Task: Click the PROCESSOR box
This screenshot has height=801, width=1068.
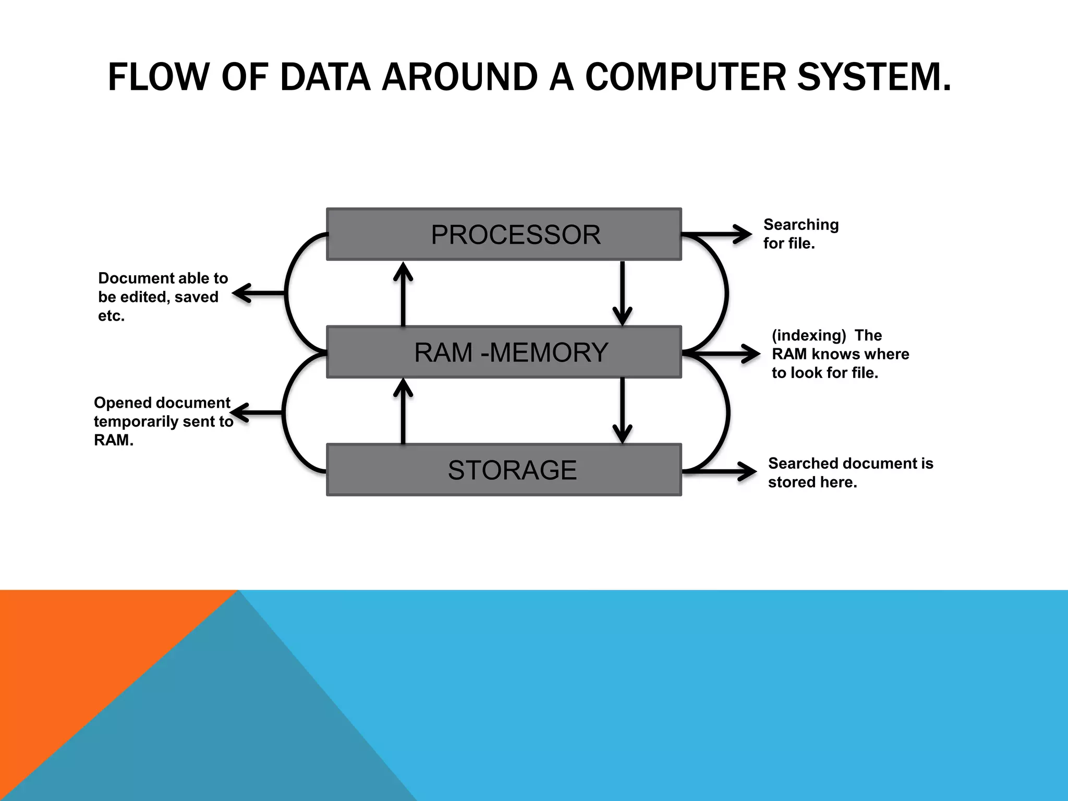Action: tap(504, 234)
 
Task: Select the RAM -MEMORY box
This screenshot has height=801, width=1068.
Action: tap(504, 352)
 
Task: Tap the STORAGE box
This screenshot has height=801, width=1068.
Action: tap(504, 470)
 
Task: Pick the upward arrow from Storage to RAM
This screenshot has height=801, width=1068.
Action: tap(403, 411)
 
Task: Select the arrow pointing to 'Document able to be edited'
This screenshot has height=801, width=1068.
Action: tap(258, 293)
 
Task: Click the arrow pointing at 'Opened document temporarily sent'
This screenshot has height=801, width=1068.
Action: tap(258, 412)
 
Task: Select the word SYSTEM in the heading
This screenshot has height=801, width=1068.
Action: tap(868, 77)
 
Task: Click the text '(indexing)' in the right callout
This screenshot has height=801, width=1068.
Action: tap(808, 335)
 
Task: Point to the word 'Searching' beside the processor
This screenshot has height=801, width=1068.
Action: tap(801, 225)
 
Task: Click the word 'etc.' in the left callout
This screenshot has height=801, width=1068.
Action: tap(111, 316)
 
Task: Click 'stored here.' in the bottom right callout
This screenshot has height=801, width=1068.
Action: tap(812, 482)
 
